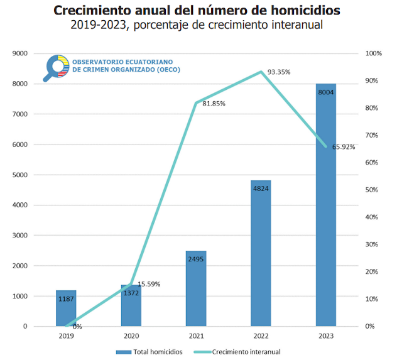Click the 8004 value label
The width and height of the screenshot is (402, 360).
pyautogui.click(x=325, y=92)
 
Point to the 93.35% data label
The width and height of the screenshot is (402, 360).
pyautogui.click(x=279, y=72)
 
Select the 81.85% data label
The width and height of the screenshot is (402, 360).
pyautogui.click(x=214, y=104)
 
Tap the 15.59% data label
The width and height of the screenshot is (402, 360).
pyautogui.click(x=149, y=284)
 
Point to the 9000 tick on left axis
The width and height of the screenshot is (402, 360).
pyautogui.click(x=20, y=53)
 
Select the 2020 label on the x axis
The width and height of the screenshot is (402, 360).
pyautogui.click(x=131, y=335)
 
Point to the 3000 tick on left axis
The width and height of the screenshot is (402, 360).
pyautogui.click(x=20, y=236)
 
